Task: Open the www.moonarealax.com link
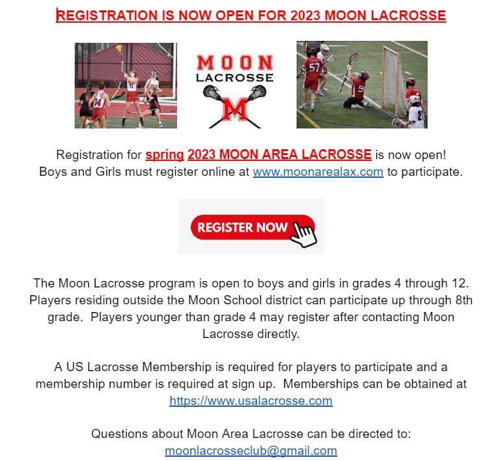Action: coord(318,172)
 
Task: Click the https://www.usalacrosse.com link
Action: coord(250,400)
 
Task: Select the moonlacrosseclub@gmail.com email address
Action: coord(250,450)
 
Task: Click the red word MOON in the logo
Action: coord(235,63)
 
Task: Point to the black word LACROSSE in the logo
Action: coord(235,78)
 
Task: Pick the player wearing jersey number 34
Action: coord(99,104)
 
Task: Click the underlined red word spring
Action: coord(164,155)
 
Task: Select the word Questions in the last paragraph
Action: coord(118,433)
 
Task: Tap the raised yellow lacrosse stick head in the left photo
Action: coord(119,49)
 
